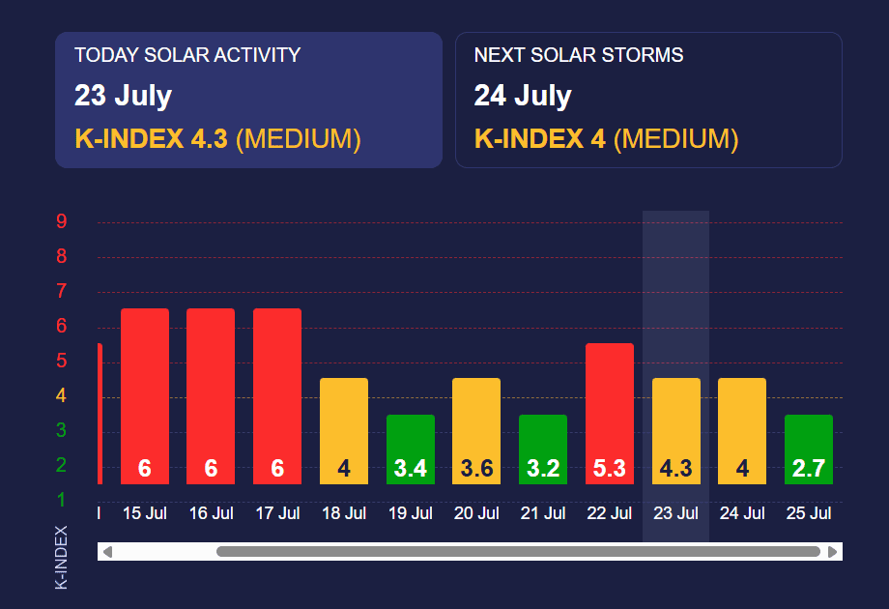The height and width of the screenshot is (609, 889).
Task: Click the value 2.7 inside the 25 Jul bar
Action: coord(809,469)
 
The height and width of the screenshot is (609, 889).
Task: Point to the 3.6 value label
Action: coord(476,469)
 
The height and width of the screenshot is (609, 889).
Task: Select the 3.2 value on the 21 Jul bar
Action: coord(543,469)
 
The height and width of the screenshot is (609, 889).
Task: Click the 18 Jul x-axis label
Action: coord(343,513)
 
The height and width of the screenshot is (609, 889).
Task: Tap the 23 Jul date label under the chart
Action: coord(675,513)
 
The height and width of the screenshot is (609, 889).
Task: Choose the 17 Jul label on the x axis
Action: coord(277,513)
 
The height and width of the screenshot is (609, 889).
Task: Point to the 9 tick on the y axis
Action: coord(61,222)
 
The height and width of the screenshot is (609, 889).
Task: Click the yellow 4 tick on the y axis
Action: coord(61,395)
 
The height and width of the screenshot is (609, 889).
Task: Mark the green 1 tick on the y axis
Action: coord(61,500)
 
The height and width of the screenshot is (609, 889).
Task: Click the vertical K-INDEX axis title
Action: coord(61,557)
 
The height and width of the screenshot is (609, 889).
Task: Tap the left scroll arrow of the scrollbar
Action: coord(107,552)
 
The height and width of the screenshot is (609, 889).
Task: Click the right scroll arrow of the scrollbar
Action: coord(831,552)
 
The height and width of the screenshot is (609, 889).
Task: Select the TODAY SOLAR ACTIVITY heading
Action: coord(187,55)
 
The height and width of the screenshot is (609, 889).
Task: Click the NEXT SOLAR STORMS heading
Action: coord(579,55)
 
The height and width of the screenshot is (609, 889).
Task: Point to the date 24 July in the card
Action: coord(523,96)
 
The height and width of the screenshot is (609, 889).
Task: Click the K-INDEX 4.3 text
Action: coord(151,139)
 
